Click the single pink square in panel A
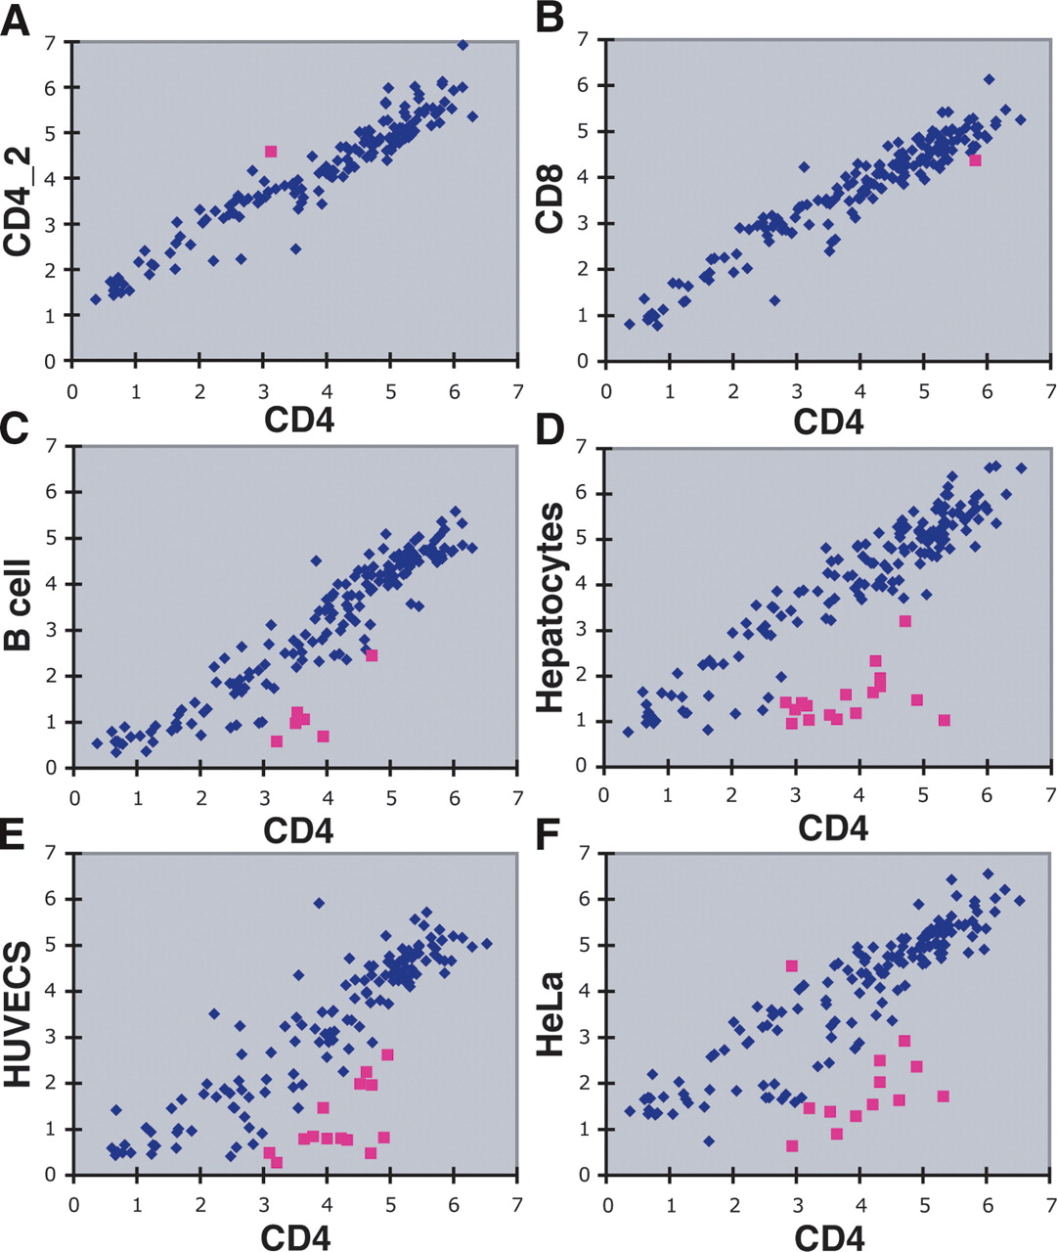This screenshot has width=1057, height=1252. click(x=271, y=151)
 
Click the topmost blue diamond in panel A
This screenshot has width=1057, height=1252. click(x=462, y=44)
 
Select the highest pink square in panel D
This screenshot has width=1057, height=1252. click(x=905, y=621)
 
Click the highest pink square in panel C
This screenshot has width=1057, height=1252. click(x=372, y=655)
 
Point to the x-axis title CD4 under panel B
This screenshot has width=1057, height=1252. click(x=829, y=421)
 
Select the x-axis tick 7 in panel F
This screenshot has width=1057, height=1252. click(x=1050, y=1200)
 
